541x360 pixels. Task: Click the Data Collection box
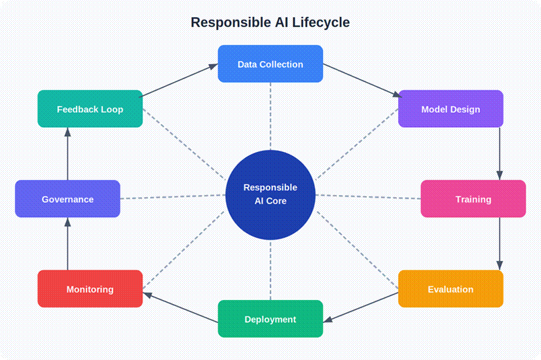[270, 64]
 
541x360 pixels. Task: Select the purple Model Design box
[450, 109]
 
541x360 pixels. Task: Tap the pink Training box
[473, 199]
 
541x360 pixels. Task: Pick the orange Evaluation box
[450, 289]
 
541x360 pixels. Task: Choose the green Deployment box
[270, 319]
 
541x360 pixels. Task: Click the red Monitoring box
[90, 289]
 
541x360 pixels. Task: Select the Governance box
[67, 199]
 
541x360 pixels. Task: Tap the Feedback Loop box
[90, 109]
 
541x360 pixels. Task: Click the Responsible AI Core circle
[270, 195]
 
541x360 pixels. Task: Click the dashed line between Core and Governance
[172, 197]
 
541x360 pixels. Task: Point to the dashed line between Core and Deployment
[270, 270]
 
